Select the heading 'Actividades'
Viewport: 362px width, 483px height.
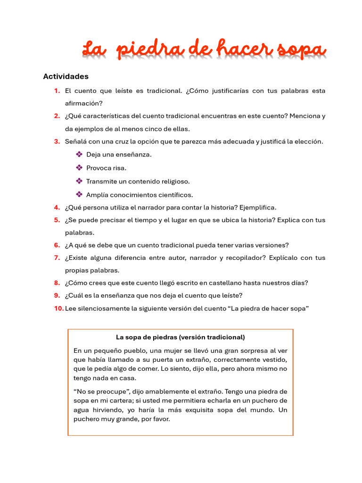coord(66,76)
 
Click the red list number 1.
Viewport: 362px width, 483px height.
coord(57,91)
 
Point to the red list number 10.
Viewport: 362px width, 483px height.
coord(58,308)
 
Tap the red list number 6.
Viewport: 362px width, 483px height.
coord(57,245)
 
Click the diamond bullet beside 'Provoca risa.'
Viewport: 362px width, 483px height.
coord(79,168)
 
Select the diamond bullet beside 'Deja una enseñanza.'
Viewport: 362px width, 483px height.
coord(79,155)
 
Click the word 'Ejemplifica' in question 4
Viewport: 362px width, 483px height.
coord(257,208)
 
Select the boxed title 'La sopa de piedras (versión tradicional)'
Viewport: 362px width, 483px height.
coord(181,337)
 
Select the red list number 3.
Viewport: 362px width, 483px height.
coord(57,142)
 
